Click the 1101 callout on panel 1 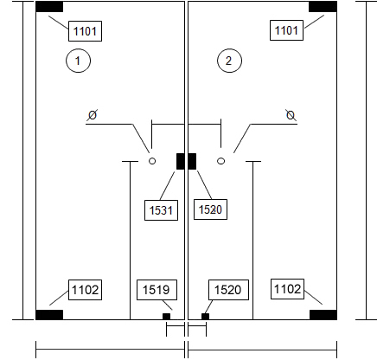point(85,31)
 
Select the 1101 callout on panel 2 point(286,30)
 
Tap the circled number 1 point(79,61)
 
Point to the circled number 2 point(229,61)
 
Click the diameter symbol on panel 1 point(93,115)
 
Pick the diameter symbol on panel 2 point(291,115)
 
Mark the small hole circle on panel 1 point(152,161)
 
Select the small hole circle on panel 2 point(220,161)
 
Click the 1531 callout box point(161,210)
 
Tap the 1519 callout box point(157,290)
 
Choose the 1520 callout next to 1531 point(210,209)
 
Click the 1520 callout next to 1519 point(228,290)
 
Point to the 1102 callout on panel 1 point(85,290)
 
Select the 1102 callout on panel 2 point(287,289)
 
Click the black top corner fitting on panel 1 point(49,7)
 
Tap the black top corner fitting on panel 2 point(323,7)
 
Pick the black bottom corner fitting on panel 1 point(49,315)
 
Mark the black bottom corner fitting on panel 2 point(323,315)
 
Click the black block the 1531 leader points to point(181,161)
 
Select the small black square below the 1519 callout point(166,317)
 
